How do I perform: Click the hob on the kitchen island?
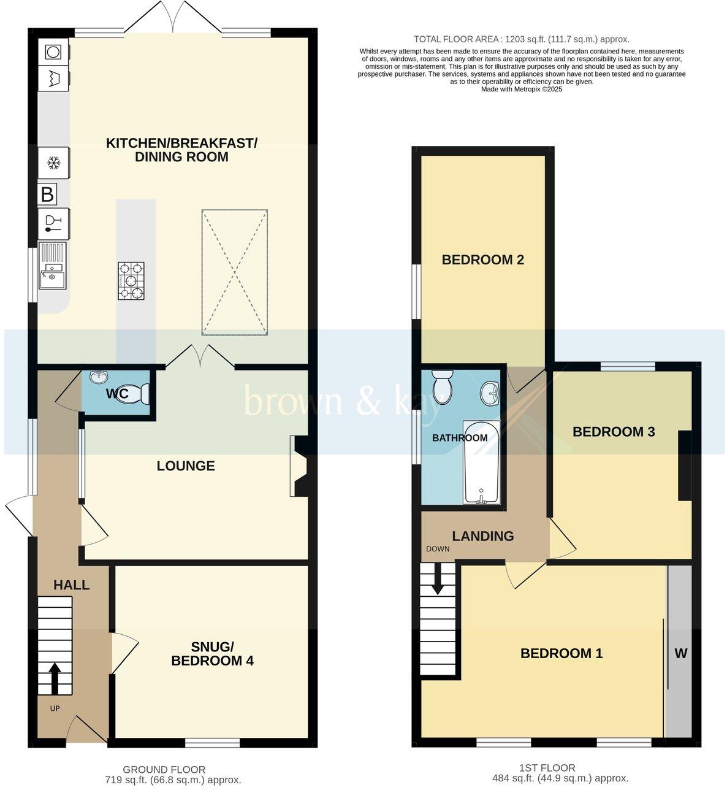tap(132, 281)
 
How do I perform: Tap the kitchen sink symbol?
tap(52, 266)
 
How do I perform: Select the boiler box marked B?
tap(47, 194)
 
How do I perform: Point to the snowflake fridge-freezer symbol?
tap(54, 163)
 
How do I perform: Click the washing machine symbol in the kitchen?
tap(53, 52)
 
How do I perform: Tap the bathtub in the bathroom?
tap(481, 462)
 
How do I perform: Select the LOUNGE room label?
tap(186, 466)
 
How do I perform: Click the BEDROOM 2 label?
tap(482, 260)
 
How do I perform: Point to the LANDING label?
tap(483, 537)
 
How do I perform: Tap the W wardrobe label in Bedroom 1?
tap(680, 654)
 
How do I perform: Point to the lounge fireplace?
tap(300, 466)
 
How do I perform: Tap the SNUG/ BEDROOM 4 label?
tap(212, 654)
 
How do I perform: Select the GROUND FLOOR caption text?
tap(164, 770)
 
